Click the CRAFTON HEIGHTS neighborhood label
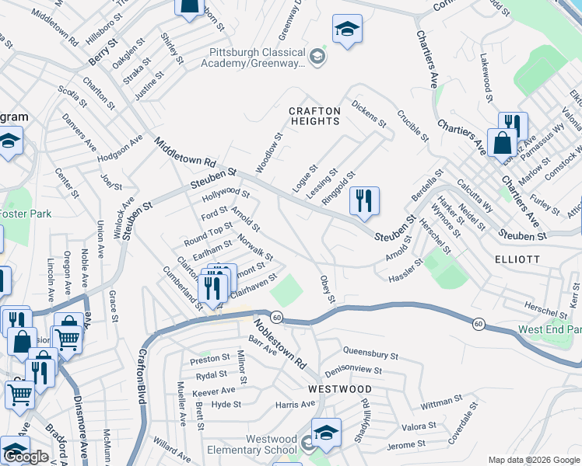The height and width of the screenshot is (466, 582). tap(314, 116)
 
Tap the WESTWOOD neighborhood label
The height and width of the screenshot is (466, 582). tap(339, 388)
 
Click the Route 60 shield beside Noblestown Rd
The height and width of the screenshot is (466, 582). tap(276, 317)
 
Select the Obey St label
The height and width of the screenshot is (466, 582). tap(327, 289)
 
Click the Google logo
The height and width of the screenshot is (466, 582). tap(26, 457)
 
